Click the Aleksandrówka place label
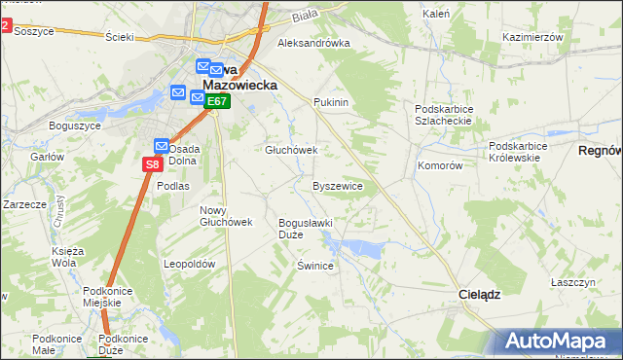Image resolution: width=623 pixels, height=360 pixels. coord(313,44)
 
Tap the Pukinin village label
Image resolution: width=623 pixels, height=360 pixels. coord(331,102)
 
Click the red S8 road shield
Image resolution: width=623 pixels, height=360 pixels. coord(152,164)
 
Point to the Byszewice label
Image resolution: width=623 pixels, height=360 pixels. coord(338,186)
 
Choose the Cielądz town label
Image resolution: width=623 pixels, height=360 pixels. coord(480,294)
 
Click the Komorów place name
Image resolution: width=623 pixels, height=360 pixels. coord(440,166)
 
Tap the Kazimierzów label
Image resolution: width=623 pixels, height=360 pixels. coord(533,37)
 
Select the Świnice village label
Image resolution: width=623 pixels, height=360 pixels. coord(315,266)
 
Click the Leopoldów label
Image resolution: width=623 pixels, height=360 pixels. coord(189,265)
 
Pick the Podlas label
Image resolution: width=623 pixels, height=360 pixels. coord(173,185)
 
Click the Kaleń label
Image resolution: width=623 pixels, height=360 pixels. coord(436,15)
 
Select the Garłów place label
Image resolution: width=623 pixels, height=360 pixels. coord(47,157)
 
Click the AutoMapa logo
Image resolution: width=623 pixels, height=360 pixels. coord(554,342)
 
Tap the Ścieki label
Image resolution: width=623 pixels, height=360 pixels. coord(118,37)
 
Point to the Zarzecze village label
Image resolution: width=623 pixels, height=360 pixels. coord(25,205)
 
